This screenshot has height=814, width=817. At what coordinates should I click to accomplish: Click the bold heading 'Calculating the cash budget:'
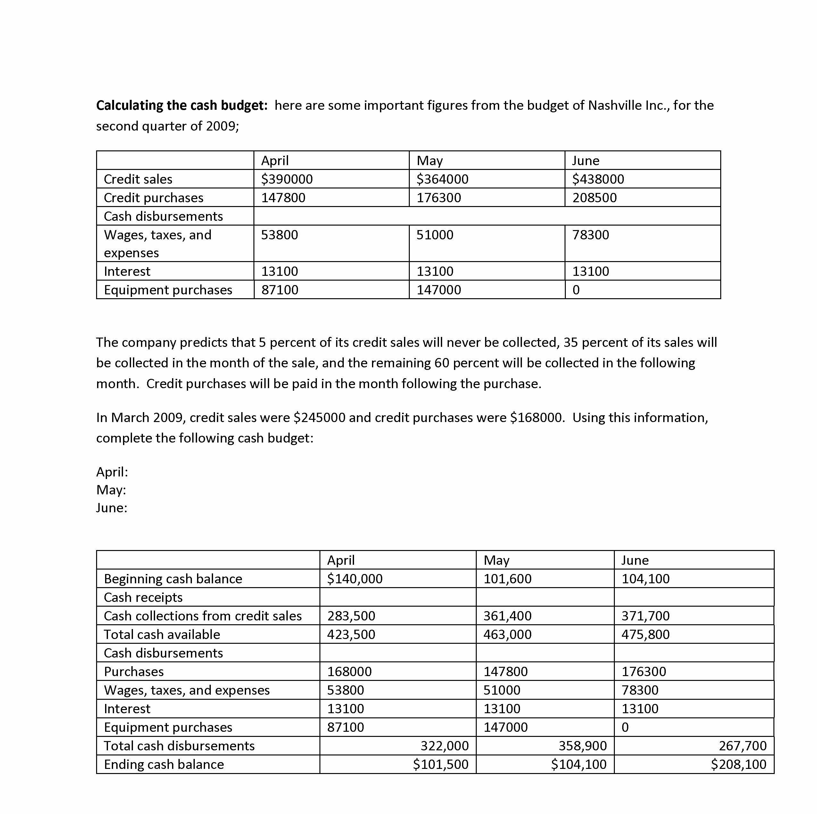pyautogui.click(x=182, y=105)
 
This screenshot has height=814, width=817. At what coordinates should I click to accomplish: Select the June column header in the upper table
pyautogui.click(x=585, y=161)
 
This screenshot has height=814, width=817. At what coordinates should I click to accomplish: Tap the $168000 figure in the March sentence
pyautogui.click(x=537, y=417)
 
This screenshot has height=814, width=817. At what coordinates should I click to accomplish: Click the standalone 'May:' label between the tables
pyautogui.click(x=111, y=490)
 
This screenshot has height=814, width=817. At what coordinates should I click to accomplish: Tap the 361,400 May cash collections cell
pyautogui.click(x=507, y=616)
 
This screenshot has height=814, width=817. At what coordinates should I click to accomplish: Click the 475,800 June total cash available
pyautogui.click(x=645, y=634)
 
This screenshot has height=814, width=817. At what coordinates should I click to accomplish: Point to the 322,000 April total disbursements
pyautogui.click(x=444, y=746)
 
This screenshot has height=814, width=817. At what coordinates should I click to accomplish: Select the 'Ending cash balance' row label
pyautogui.click(x=164, y=764)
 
